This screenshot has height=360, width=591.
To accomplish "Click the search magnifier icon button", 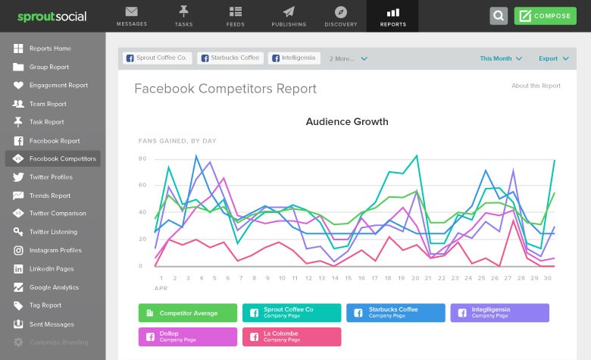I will pyautogui.click(x=499, y=16).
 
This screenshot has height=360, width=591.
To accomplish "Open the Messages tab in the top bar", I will pyautogui.click(x=132, y=16).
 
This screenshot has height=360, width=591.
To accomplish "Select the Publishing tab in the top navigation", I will pyautogui.click(x=288, y=16).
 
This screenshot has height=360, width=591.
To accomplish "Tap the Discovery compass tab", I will pyautogui.click(x=340, y=16).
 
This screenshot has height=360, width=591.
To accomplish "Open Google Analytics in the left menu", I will pyautogui.click(x=54, y=287).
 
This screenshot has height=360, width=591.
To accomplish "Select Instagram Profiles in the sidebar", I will pyautogui.click(x=55, y=250).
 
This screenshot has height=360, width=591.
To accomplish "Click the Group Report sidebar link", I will pyautogui.click(x=48, y=67).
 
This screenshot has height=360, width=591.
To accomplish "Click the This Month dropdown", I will pyautogui.click(x=500, y=58).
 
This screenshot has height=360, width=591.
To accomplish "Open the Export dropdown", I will pyautogui.click(x=552, y=58).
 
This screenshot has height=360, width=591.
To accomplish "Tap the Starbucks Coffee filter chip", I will pyautogui.click(x=230, y=58).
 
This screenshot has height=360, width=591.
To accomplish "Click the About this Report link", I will pyautogui.click(x=536, y=86).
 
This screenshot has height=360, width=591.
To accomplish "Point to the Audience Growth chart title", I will pyautogui.click(x=347, y=121).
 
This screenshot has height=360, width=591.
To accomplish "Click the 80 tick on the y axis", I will pyautogui.click(x=142, y=158).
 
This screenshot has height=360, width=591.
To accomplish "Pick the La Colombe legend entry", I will pyautogui.click(x=292, y=337).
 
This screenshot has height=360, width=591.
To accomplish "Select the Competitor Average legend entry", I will pyautogui.click(x=189, y=312).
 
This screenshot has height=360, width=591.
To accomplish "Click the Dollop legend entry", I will pyautogui.click(x=188, y=337).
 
